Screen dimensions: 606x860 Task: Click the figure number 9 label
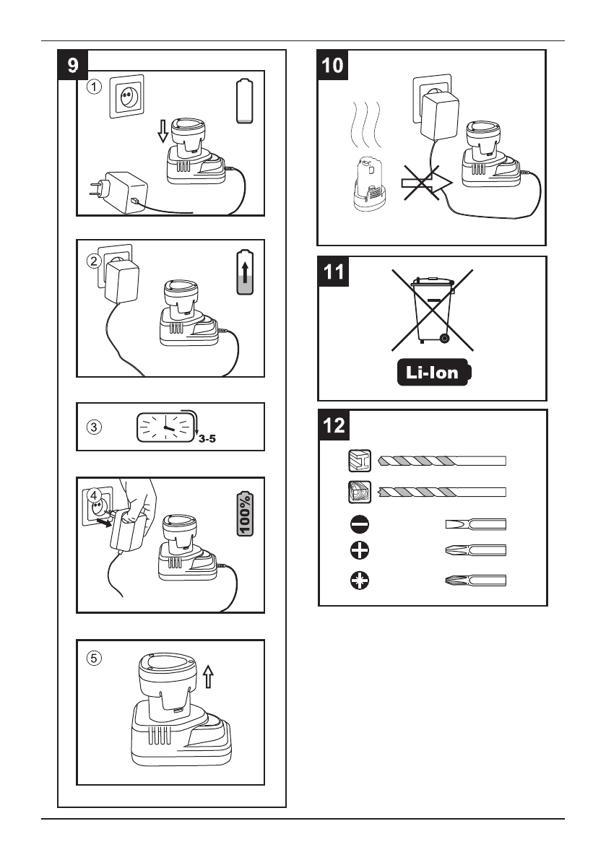point(73,65)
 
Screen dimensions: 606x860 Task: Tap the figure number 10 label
point(332,65)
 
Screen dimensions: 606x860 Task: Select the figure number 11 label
point(334,272)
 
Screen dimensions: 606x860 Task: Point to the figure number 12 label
point(334,425)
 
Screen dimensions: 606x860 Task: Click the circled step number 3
point(95,427)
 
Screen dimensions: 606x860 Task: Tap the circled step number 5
point(95,658)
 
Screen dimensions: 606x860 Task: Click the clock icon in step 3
point(165,427)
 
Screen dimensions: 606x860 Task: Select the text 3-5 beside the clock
point(207,439)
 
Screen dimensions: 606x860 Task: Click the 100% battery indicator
point(245,513)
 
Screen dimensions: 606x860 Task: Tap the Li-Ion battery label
point(434,373)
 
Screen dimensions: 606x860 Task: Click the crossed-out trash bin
point(433,310)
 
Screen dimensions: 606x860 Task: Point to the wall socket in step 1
point(126,97)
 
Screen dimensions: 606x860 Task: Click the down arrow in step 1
point(163,131)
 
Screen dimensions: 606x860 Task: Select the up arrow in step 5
point(208,677)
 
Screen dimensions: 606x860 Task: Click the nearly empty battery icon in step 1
point(245,101)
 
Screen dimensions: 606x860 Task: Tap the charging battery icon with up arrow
point(245,272)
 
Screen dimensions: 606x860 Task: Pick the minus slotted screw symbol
point(359,524)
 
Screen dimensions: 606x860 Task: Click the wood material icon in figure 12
point(360,492)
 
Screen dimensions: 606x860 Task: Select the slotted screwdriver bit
point(476,524)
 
